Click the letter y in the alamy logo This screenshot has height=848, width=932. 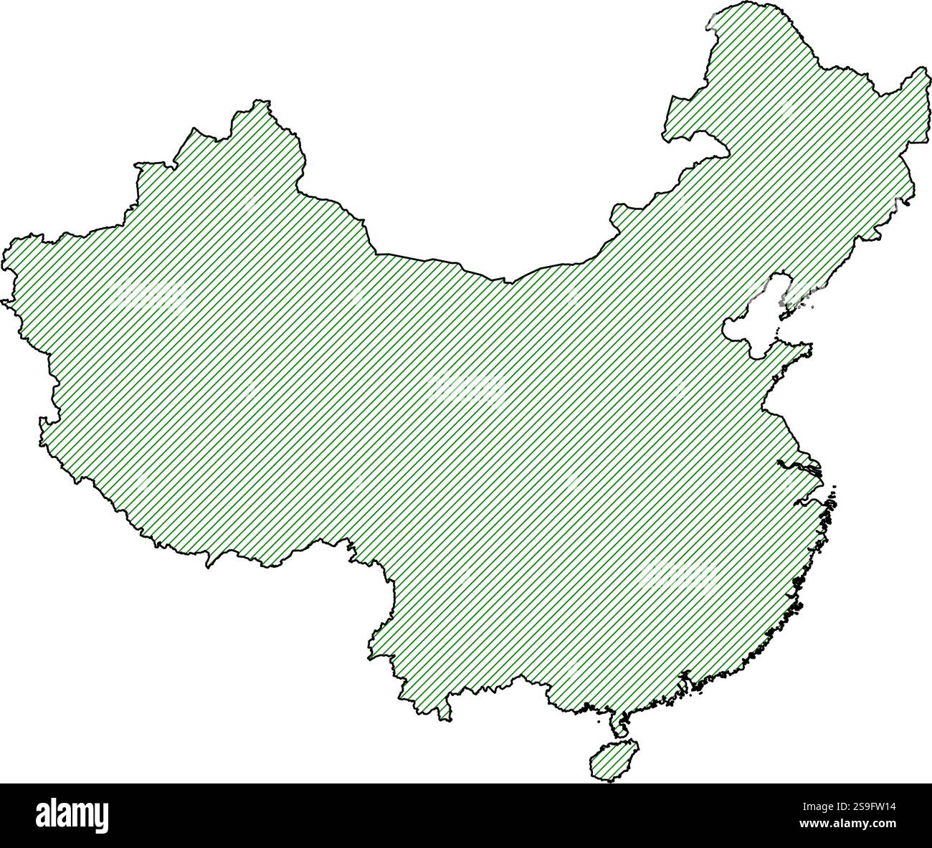click(101, 817)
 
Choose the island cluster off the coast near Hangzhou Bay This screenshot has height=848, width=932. click(832, 502)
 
